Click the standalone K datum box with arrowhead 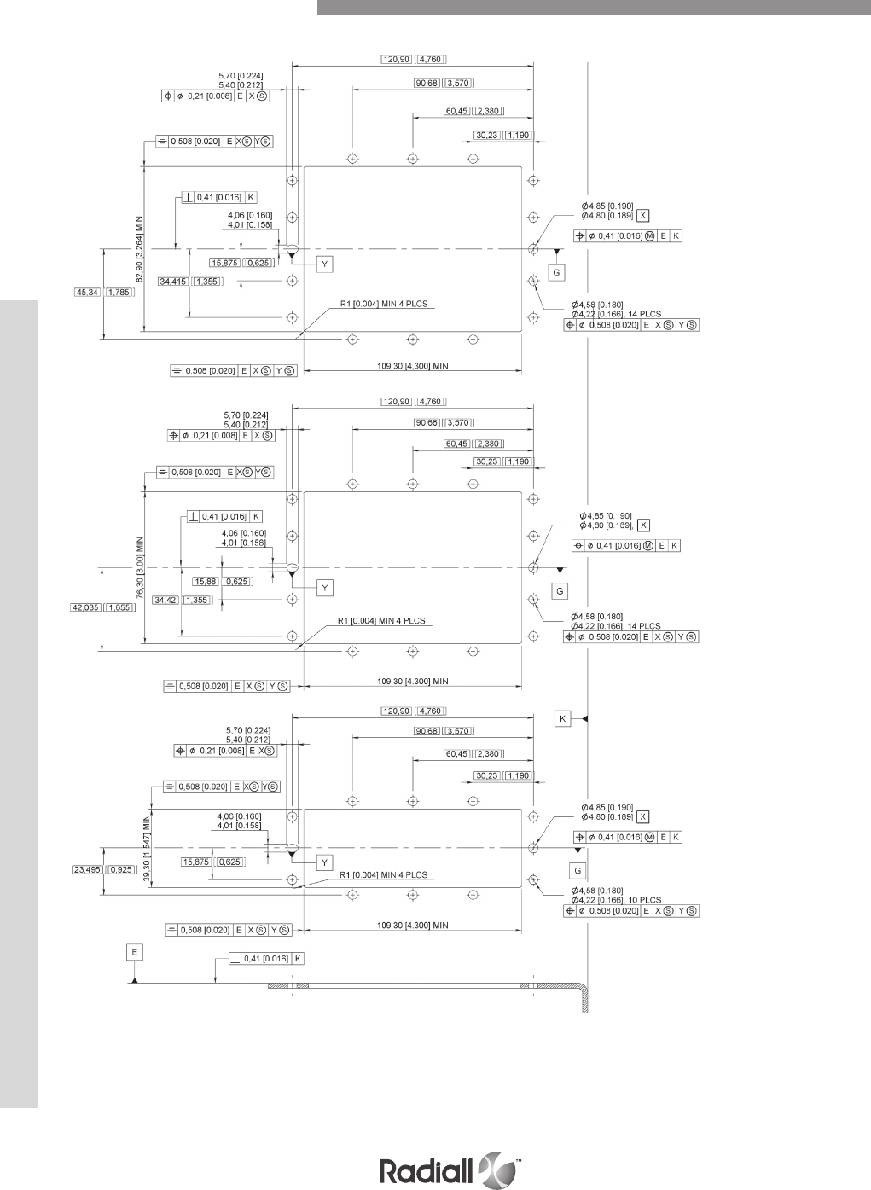(x=562, y=719)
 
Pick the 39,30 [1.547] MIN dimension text (x=147, y=849)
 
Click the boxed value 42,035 (x=85, y=607)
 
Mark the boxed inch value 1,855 (x=119, y=607)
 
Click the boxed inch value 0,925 (x=119, y=870)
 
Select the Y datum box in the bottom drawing (x=324, y=862)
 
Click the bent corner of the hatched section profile (x=582, y=990)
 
